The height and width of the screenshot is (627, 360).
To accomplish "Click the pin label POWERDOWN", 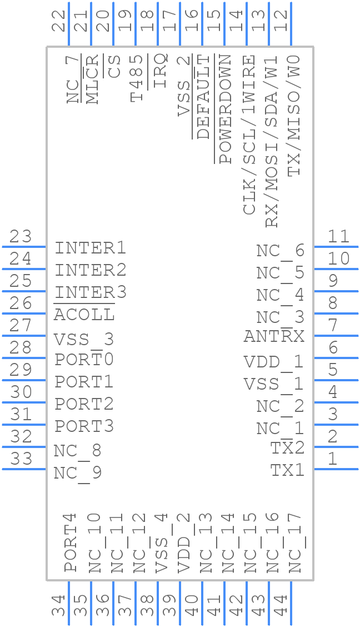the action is pyautogui.click(x=226, y=109).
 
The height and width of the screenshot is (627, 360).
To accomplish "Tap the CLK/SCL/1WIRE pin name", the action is pyautogui.click(x=249, y=135).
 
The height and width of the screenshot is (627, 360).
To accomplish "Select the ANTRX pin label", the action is pyautogui.click(x=274, y=336).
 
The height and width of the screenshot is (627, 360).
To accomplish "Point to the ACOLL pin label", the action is pyautogui.click(x=84, y=315).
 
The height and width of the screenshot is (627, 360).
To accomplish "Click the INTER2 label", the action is pyautogui.click(x=91, y=270).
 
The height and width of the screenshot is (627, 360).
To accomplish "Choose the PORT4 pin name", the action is pyautogui.click(x=71, y=543).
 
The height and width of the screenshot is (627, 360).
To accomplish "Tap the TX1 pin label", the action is pyautogui.click(x=288, y=470).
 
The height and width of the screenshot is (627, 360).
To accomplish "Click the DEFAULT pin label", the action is pyautogui.click(x=203, y=96).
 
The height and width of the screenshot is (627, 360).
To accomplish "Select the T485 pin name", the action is pyautogui.click(x=137, y=78).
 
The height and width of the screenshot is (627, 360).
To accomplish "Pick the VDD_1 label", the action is pyautogui.click(x=274, y=362).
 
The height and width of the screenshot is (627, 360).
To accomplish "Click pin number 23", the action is pyautogui.click(x=21, y=236).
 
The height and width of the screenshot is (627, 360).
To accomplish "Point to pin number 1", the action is pyautogui.click(x=332, y=459).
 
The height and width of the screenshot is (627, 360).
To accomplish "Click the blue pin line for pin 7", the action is pyautogui.click(x=336, y=336).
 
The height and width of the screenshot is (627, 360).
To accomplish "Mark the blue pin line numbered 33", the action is pyautogui.click(x=24, y=469).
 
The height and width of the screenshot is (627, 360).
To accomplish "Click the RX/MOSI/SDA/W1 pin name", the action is pyautogui.click(x=271, y=141).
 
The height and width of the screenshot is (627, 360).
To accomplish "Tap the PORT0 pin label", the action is pyautogui.click(x=84, y=359).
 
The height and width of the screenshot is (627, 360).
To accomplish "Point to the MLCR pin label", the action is pyautogui.click(x=92, y=79).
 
